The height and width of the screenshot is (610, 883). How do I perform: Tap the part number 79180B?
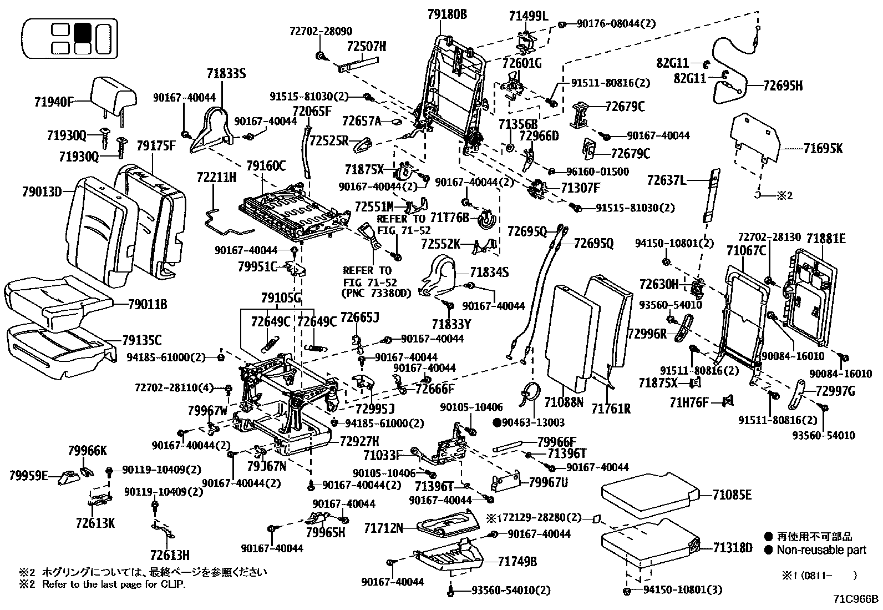[447, 14]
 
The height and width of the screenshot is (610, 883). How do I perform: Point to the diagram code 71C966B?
[855, 599]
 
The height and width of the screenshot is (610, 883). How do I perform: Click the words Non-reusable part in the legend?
[821, 550]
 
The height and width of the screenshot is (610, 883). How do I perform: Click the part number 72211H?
[216, 178]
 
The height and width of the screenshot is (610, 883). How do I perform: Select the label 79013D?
[42, 192]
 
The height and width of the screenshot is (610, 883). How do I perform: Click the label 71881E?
[826, 239]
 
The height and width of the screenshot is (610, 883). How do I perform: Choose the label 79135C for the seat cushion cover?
[142, 340]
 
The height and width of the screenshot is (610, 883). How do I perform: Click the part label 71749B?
[517, 562]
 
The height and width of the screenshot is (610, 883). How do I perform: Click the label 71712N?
[384, 527]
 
